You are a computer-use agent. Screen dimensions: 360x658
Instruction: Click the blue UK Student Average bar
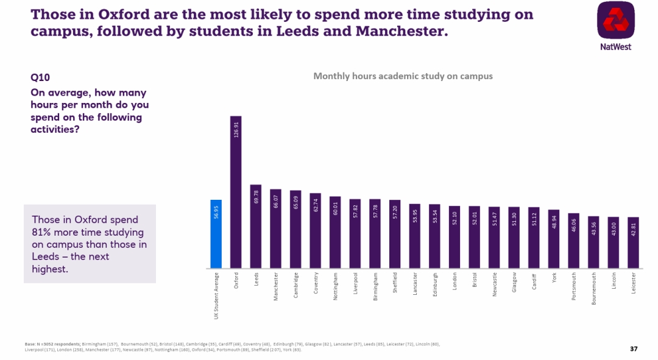(216, 235)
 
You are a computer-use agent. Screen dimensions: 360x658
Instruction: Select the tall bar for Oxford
(236, 195)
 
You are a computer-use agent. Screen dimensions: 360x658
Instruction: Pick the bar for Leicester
(634, 243)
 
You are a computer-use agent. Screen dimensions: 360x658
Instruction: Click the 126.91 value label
(236, 130)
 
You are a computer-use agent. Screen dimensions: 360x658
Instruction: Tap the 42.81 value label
(634, 228)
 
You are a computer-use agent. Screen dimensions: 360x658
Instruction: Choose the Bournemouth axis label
(593, 289)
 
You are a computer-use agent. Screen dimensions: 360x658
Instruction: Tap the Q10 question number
(40, 77)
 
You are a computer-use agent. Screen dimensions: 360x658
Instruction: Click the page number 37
(634, 348)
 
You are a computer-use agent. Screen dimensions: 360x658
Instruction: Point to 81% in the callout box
(42, 232)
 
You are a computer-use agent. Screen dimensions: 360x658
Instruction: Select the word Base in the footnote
(30, 344)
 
